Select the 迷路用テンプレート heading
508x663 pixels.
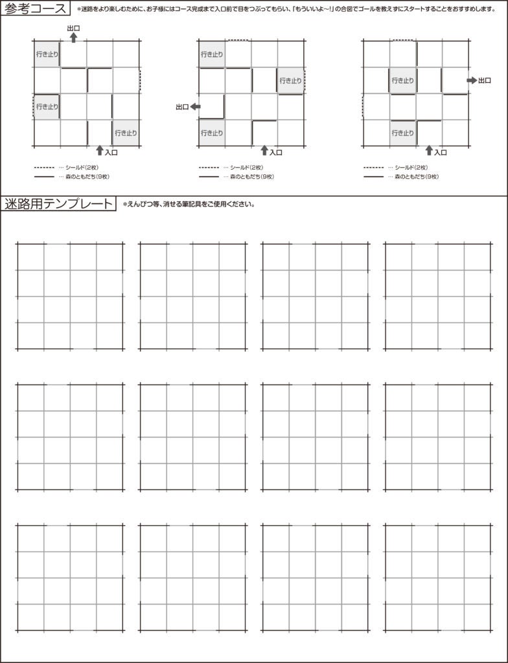pos(59,204)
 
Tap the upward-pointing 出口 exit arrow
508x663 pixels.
pos(73,38)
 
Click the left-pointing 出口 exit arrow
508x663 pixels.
pos(195,107)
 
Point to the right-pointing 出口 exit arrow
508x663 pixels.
pos(471,80)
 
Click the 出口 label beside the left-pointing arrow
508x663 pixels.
pos(181,107)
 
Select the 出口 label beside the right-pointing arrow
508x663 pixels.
pos(485,80)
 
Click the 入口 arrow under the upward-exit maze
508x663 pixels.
pos(99,150)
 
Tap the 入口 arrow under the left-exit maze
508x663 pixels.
pos(264,150)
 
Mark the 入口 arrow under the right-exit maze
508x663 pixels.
pos(428,150)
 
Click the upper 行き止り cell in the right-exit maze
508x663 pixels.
pos(402,81)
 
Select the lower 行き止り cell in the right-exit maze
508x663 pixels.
pos(402,133)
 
